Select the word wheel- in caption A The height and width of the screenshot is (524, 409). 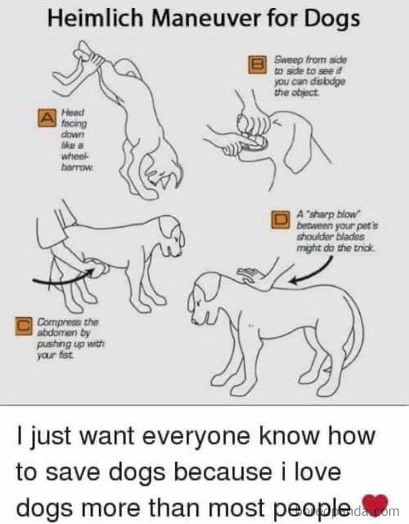(x=69, y=155)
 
